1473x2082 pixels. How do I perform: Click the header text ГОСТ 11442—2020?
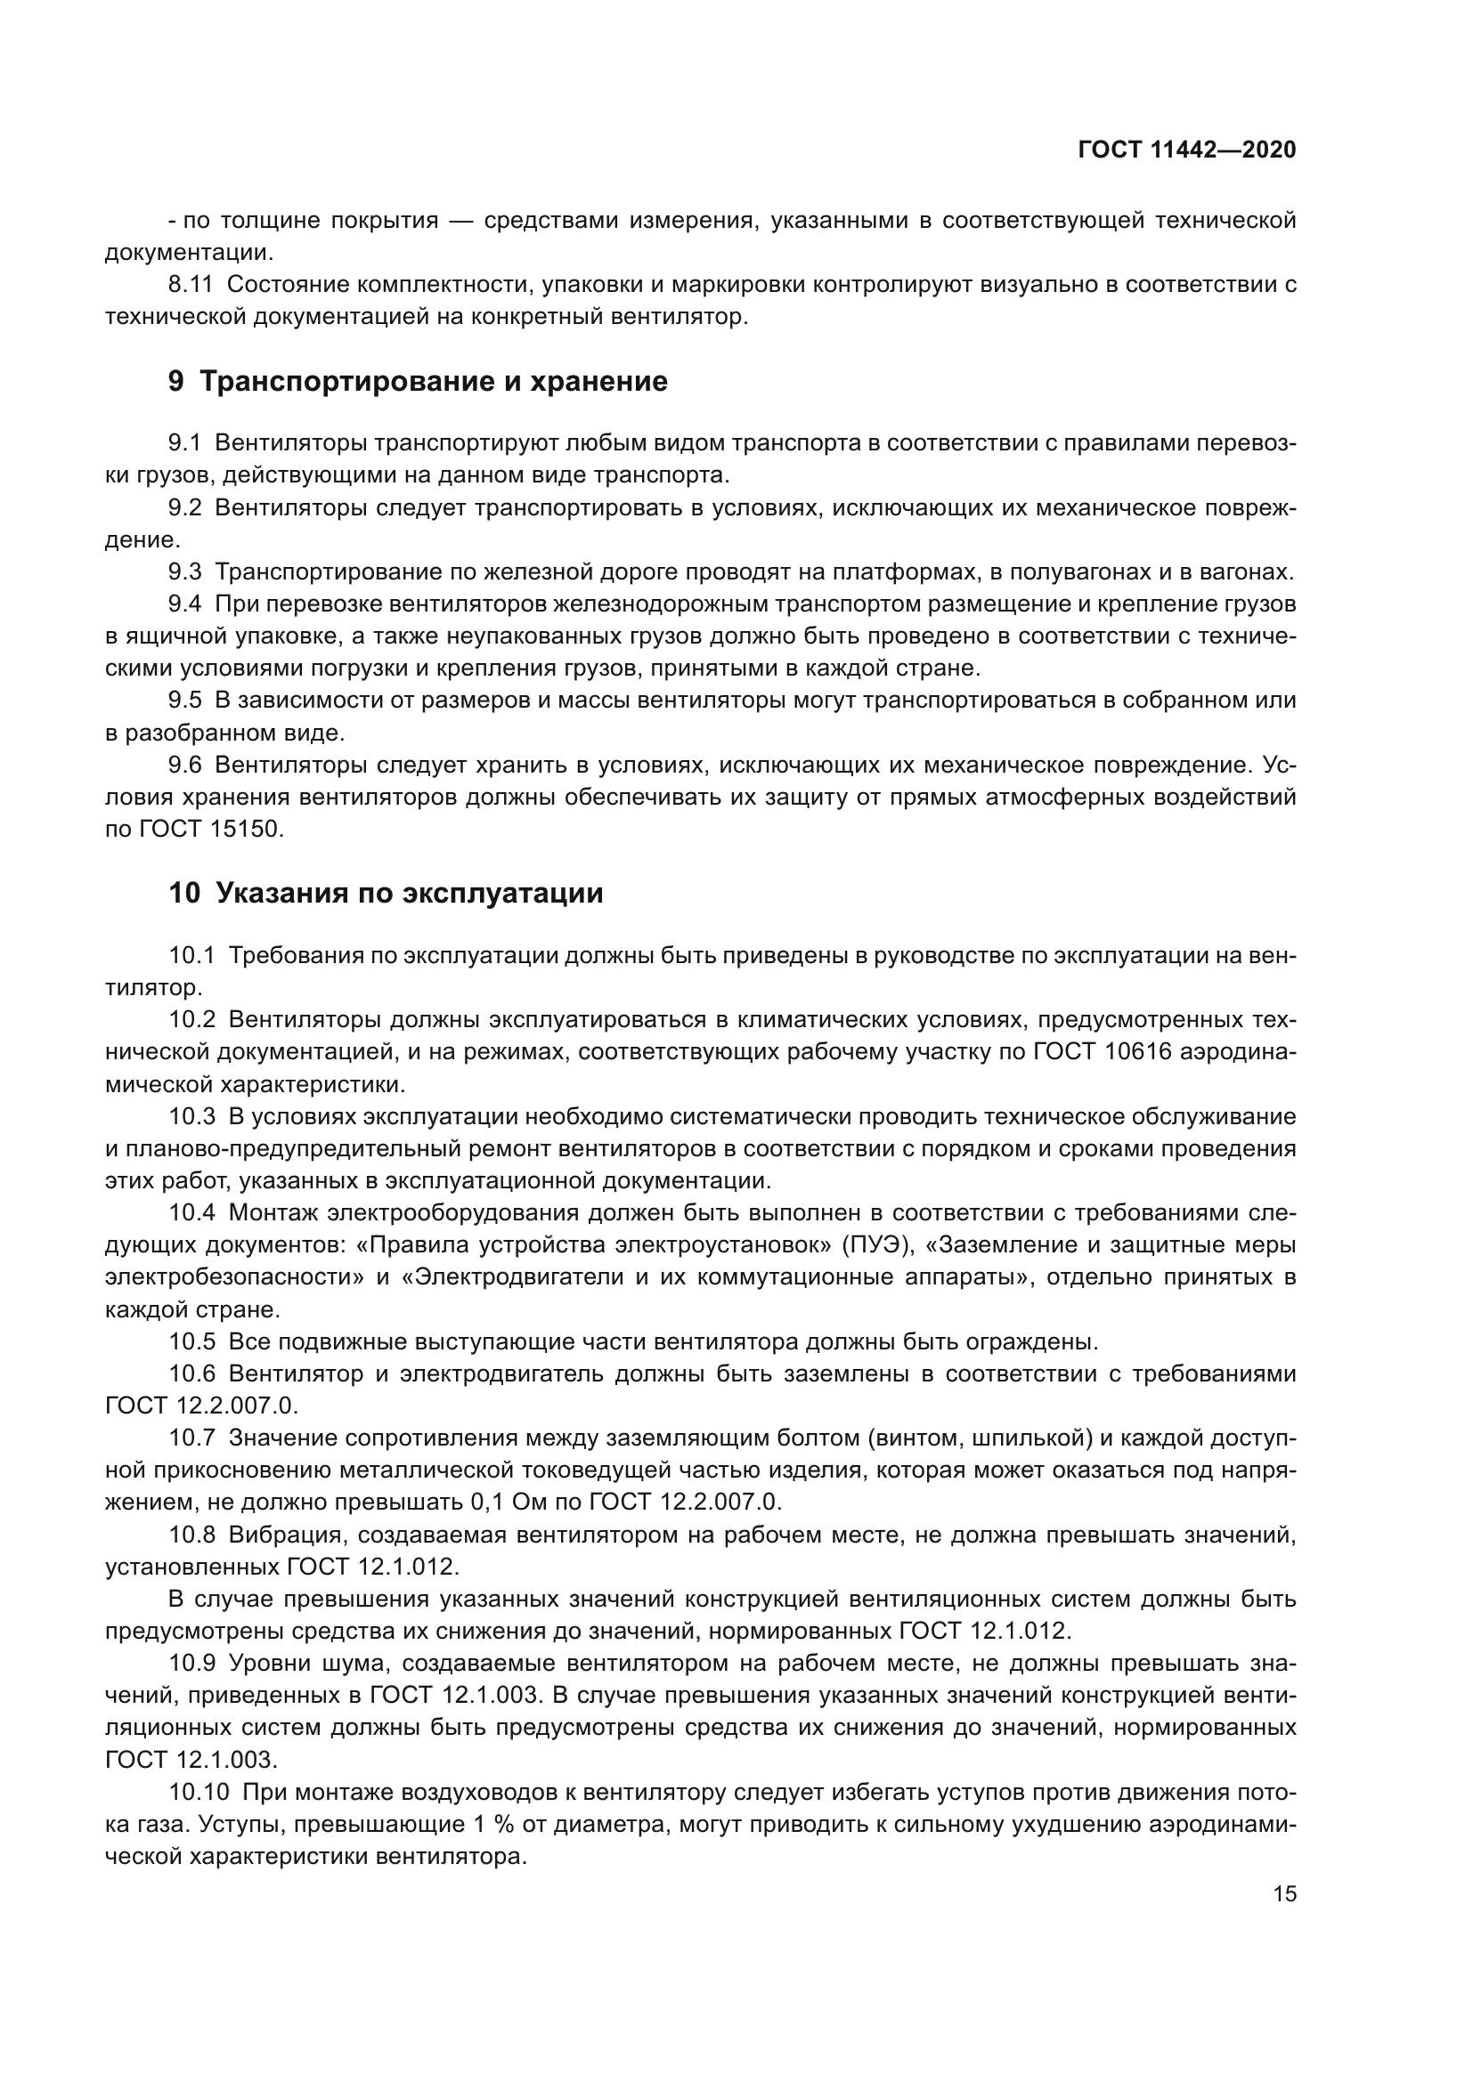point(1186,150)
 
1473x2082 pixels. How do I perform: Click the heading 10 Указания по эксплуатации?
point(386,894)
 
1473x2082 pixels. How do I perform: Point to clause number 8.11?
point(191,285)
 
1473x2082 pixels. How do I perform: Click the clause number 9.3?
point(185,572)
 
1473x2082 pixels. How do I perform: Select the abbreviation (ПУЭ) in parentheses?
point(877,1245)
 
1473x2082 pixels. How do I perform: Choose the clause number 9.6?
point(185,766)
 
